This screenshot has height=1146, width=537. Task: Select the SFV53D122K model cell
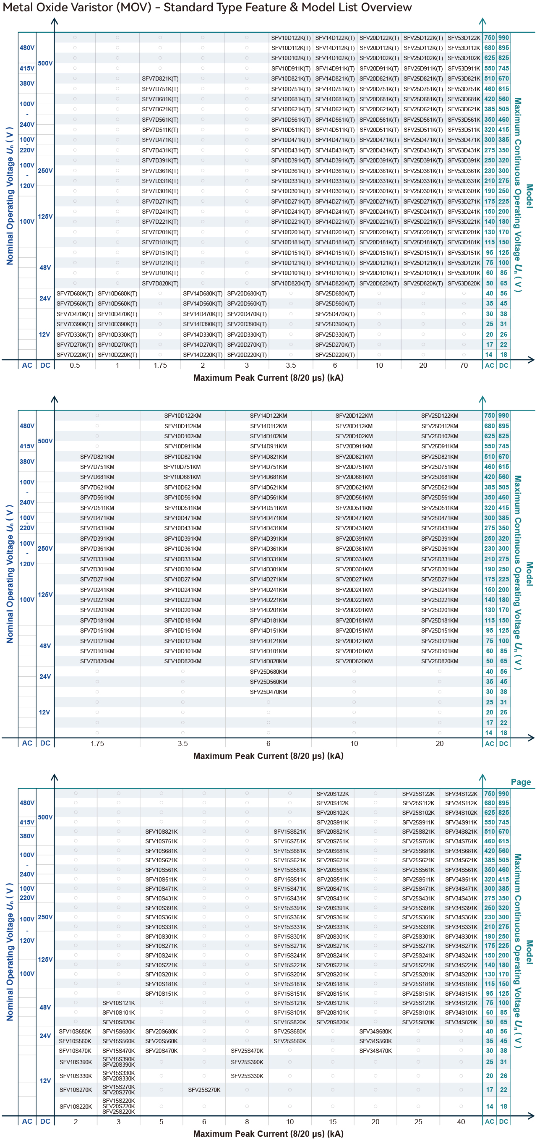click(x=464, y=38)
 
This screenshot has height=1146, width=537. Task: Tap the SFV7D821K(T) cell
click(x=160, y=79)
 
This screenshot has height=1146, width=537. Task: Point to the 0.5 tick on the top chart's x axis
click(x=75, y=365)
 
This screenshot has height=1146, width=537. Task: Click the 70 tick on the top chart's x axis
click(x=464, y=365)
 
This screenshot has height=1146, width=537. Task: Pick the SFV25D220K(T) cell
click(x=335, y=355)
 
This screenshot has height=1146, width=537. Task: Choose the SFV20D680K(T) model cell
click(x=247, y=293)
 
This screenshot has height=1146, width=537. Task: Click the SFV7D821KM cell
click(x=97, y=457)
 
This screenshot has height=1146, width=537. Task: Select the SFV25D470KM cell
click(x=268, y=692)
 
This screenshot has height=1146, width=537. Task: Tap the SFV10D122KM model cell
click(x=182, y=416)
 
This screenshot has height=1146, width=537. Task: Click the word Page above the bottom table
click(x=521, y=782)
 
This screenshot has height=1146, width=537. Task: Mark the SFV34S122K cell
click(x=461, y=794)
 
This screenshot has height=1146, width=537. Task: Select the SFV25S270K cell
click(x=204, y=1090)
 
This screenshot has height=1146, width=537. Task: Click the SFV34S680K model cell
click(x=375, y=1032)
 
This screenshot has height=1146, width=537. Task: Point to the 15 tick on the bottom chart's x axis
click(x=333, y=1122)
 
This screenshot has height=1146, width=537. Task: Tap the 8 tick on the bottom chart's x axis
click(x=247, y=1122)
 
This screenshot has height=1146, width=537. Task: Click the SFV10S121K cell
click(x=118, y=1003)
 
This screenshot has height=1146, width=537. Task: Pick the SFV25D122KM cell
click(x=440, y=416)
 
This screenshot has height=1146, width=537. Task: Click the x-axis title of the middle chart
click(x=268, y=756)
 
